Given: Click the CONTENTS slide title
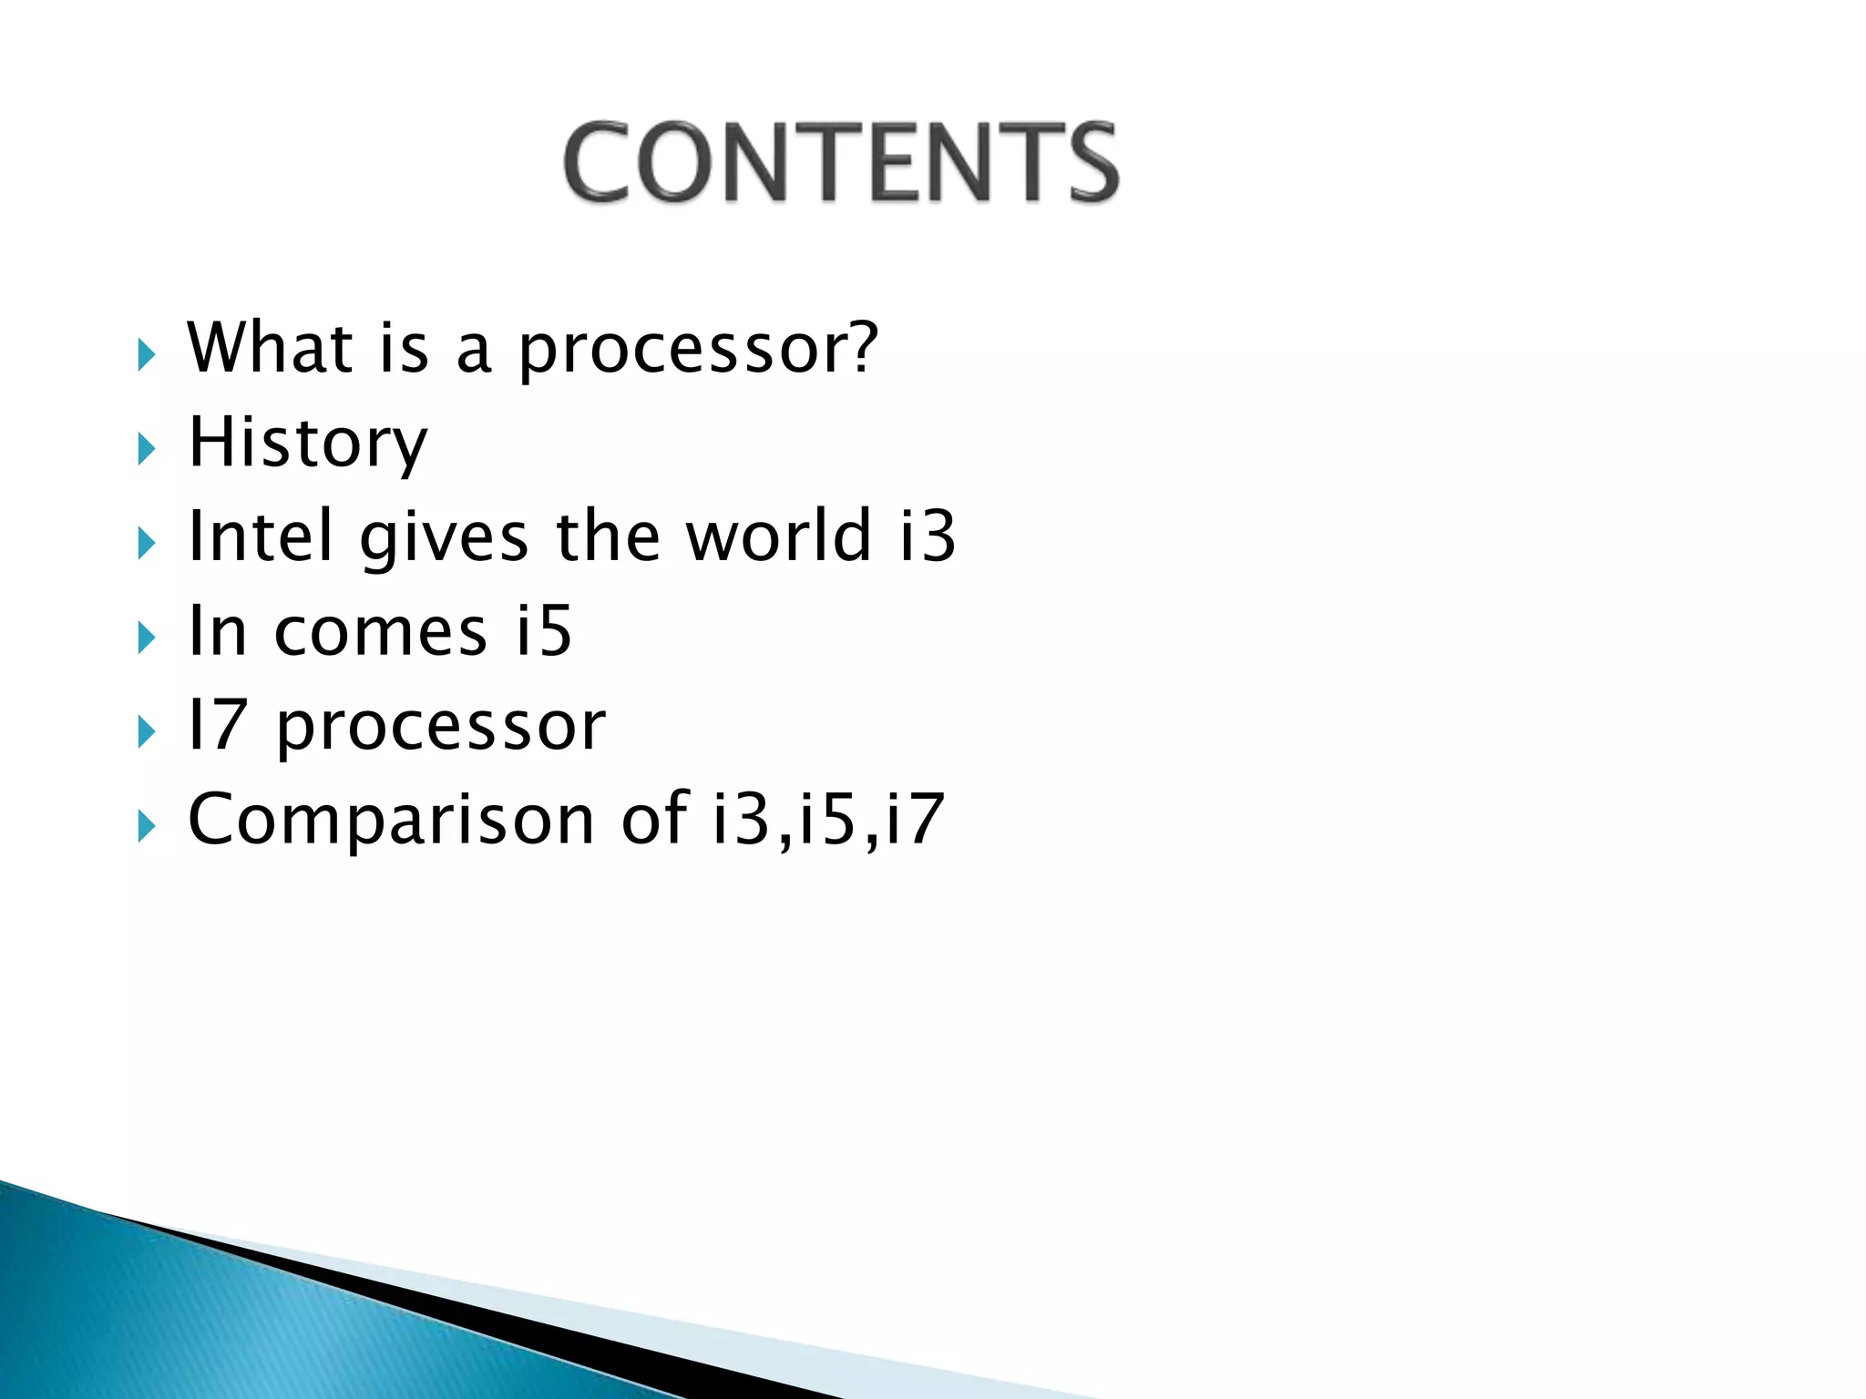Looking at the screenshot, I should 840,162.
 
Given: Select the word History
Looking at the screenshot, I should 307,444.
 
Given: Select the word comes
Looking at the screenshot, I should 381,631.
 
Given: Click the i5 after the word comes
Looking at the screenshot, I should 544,630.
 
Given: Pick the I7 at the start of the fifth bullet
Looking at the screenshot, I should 217,725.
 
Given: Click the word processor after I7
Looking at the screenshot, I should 441,729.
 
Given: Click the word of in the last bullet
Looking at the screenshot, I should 654,818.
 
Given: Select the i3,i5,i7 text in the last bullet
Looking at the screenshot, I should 827,819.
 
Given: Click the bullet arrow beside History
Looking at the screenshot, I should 147,448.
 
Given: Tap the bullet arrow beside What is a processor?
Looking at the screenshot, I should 147,353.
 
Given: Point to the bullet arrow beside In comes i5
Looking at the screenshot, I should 147,638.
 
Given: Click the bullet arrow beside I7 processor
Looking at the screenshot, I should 147,732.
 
